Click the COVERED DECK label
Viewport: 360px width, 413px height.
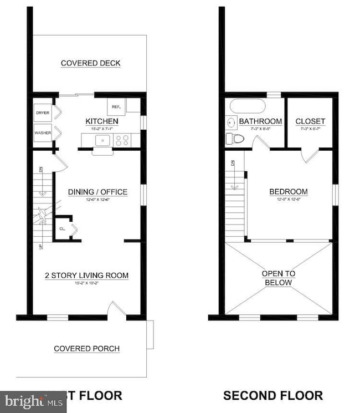click(x=90, y=63)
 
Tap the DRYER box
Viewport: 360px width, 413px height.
click(x=43, y=113)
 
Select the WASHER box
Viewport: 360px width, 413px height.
click(x=43, y=133)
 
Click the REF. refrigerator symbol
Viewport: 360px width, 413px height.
click(x=117, y=106)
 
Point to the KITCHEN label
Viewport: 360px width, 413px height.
click(x=101, y=121)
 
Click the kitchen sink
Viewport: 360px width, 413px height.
click(x=102, y=141)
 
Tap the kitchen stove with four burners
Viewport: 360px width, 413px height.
click(x=123, y=141)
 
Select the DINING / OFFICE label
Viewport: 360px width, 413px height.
click(x=97, y=192)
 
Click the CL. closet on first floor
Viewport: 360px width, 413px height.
click(x=63, y=228)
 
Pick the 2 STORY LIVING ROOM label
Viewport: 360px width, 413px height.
click(x=86, y=276)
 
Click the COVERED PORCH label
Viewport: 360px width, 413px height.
click(x=86, y=349)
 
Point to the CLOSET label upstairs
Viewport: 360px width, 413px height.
click(x=310, y=121)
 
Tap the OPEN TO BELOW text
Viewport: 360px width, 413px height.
click(x=279, y=278)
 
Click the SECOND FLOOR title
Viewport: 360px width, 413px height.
click(x=273, y=395)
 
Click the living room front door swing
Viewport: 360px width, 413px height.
click(x=117, y=308)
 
